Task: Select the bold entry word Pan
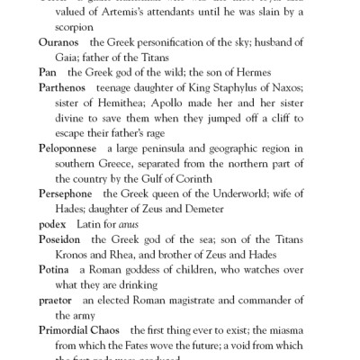click(48, 70)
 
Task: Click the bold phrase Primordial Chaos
click(82, 332)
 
